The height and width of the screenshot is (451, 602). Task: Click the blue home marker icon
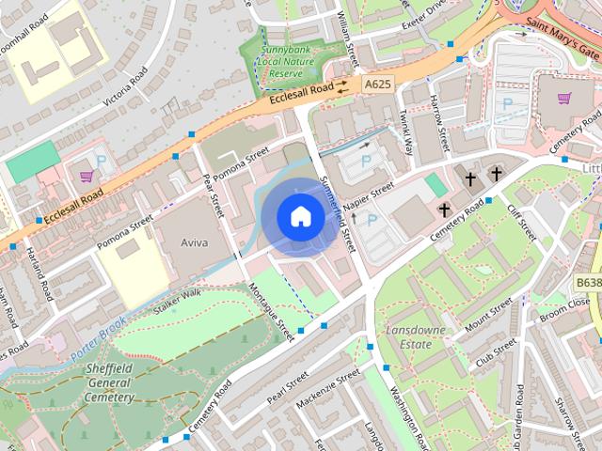point(299,216)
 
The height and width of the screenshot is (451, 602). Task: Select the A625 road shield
point(376,85)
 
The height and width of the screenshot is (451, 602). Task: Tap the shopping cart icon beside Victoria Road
point(87,176)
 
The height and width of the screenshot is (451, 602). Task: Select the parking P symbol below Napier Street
point(372,221)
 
